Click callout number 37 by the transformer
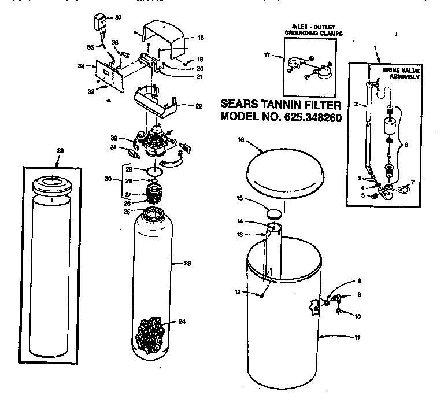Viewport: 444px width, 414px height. pyautogui.click(x=118, y=18)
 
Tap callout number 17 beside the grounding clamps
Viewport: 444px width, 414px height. pyautogui.click(x=267, y=56)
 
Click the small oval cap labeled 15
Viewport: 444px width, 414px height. pyautogui.click(x=275, y=212)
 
